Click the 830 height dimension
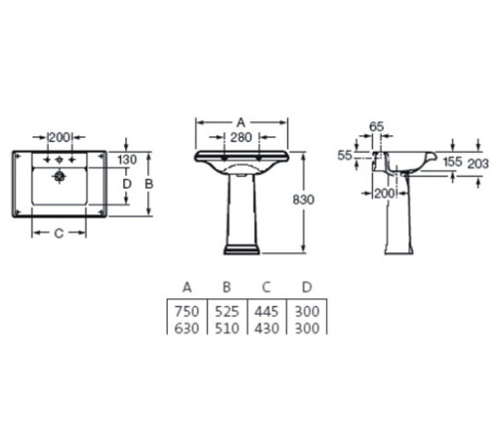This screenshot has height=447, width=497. (303, 200)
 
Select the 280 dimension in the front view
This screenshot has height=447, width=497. (242, 137)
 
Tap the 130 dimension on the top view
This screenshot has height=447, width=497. (127, 160)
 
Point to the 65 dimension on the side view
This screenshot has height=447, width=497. (377, 126)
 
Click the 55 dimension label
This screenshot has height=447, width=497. (345, 155)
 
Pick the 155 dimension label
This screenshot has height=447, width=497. (452, 162)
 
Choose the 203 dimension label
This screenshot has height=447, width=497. (478, 163)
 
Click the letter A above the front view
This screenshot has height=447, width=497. (241, 122)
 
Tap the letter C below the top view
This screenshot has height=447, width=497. (59, 233)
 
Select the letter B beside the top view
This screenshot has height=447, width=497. (149, 184)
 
